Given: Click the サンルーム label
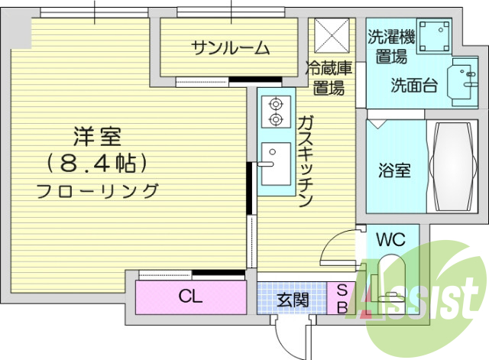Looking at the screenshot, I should click(230, 49).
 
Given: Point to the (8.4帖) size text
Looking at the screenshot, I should click(97, 163).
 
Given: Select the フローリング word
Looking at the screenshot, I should click(99, 190).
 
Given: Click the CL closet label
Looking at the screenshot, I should click(190, 297).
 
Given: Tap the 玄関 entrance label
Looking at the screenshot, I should click(293, 299).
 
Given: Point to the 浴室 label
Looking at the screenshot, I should click(394, 170).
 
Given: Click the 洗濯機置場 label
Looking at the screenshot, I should click(391, 46).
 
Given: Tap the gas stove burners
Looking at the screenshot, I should click(274, 111).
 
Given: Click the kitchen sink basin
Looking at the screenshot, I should click(274, 163).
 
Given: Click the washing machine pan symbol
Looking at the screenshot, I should click(431, 34).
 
